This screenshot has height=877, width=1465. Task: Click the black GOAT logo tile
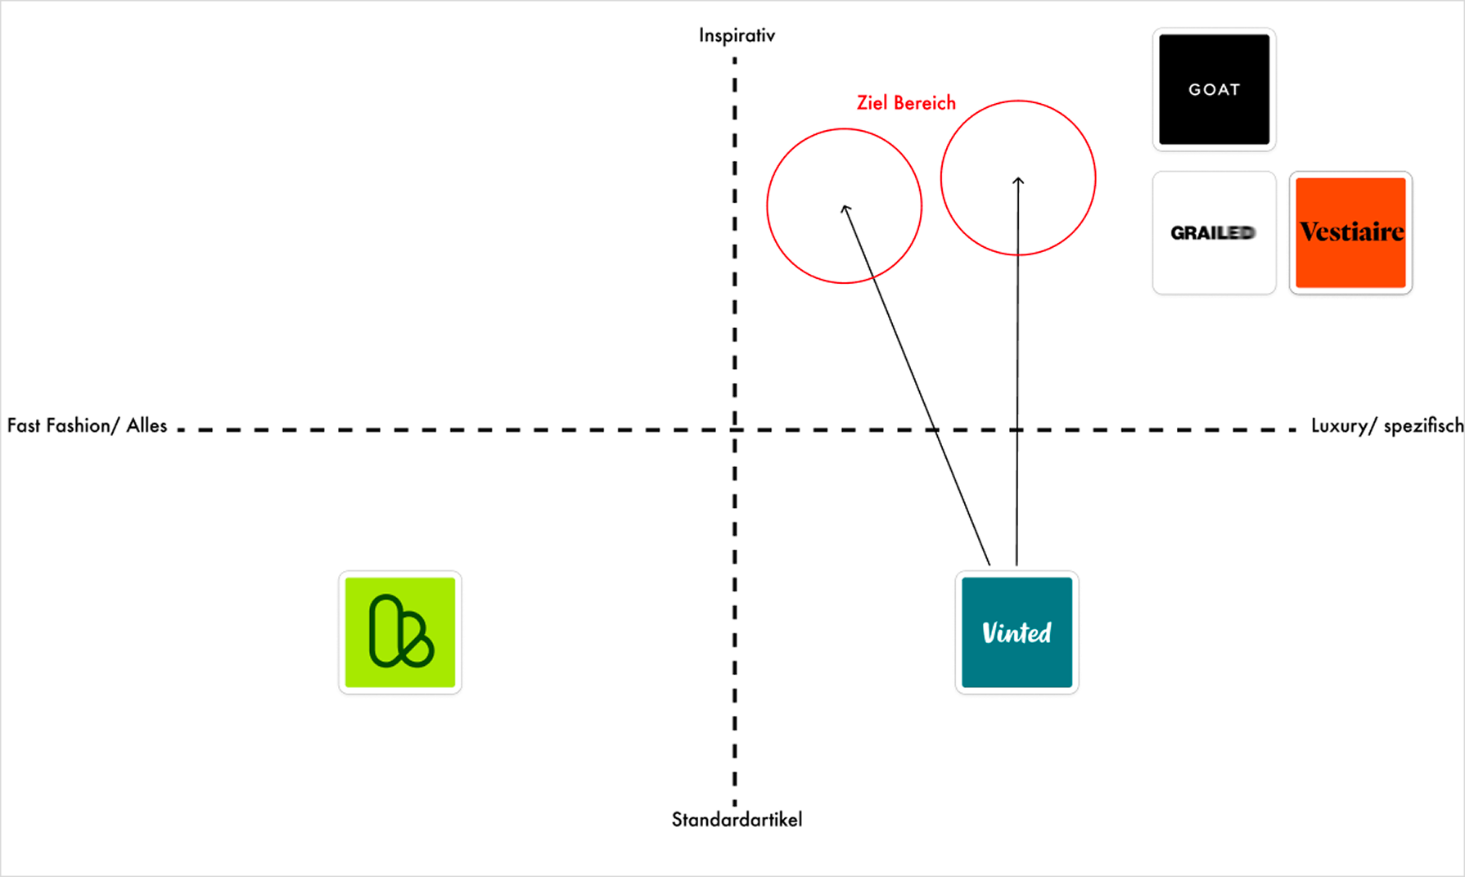[x=1214, y=89]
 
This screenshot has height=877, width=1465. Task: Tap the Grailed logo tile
[x=1214, y=232]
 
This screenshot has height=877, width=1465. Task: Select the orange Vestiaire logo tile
[x=1350, y=232]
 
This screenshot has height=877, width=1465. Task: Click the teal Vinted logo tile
[x=1016, y=632]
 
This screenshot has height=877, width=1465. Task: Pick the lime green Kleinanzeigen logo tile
[x=400, y=632]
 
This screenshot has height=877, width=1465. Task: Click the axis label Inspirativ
[x=737, y=35]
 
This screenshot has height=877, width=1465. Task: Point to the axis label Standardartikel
[x=737, y=820]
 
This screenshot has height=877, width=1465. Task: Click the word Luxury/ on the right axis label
[x=1344, y=425]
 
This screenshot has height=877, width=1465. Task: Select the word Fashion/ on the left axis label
[x=83, y=425]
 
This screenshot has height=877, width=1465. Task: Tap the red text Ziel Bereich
[x=906, y=103]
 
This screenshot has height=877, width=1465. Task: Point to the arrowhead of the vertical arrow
[x=1018, y=179]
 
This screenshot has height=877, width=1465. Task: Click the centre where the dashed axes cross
[x=735, y=430]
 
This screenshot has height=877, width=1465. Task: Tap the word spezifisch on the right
[x=1423, y=425]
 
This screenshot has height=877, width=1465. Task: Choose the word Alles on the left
[x=146, y=425]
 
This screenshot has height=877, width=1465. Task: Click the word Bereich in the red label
[x=924, y=103]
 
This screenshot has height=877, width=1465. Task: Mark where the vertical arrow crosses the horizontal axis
[x=1017, y=430]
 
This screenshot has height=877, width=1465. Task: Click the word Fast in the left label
[x=24, y=425]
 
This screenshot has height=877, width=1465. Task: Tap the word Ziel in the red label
[x=872, y=103]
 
